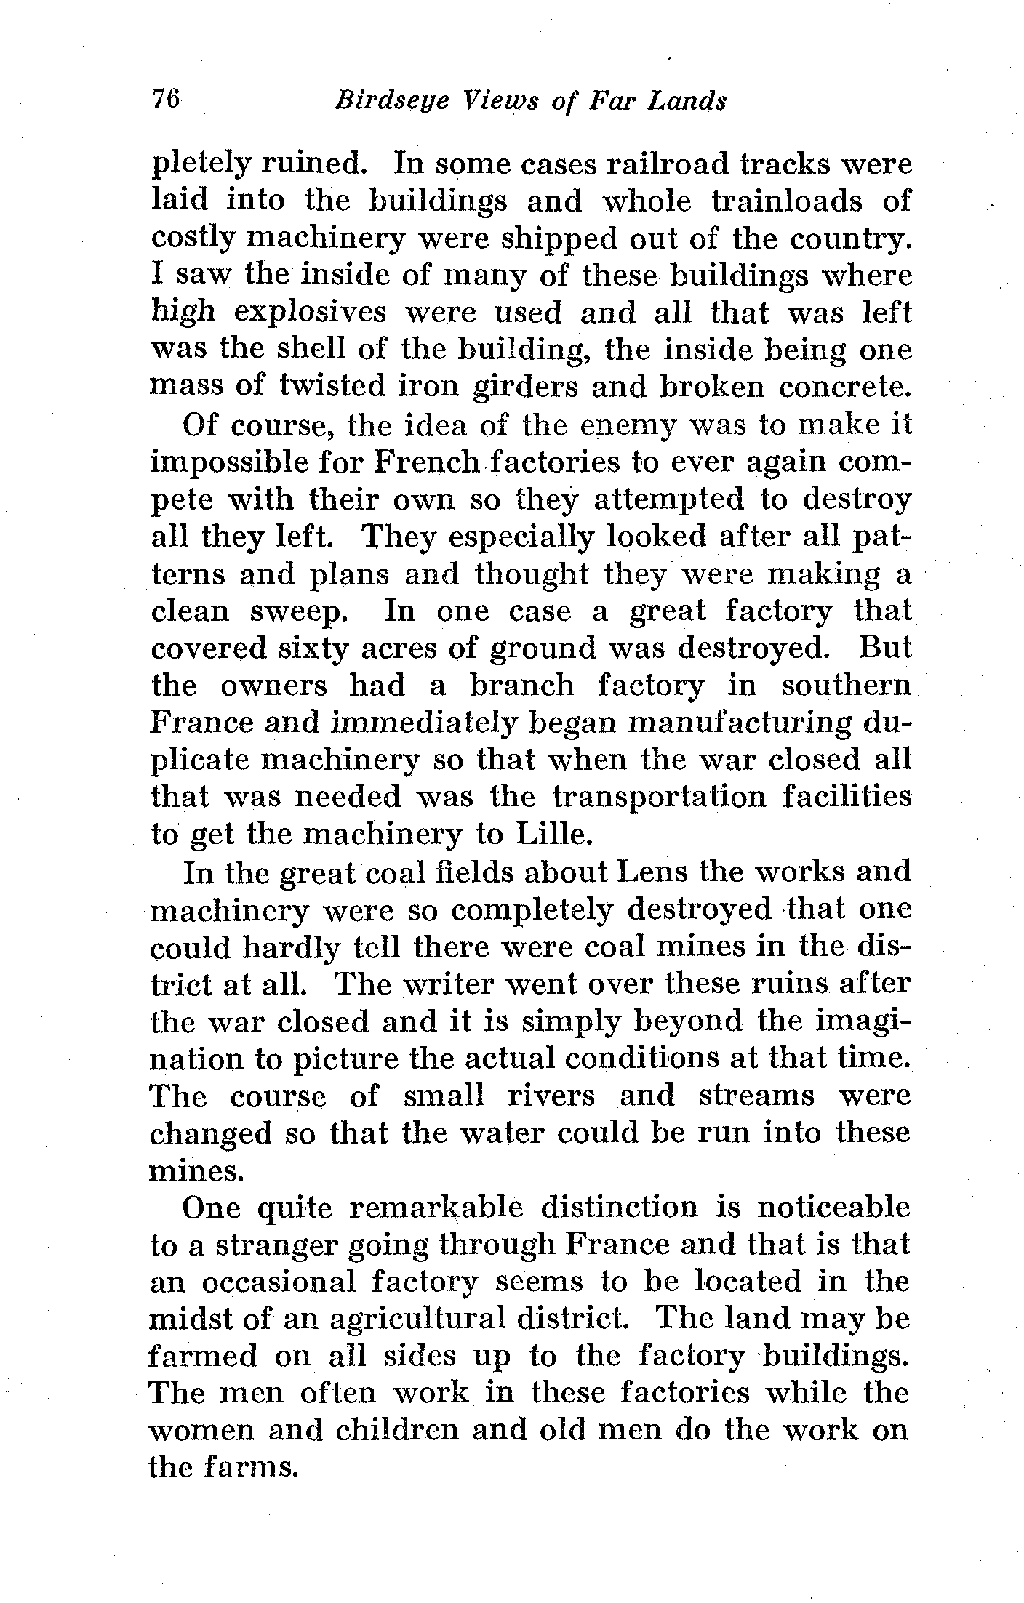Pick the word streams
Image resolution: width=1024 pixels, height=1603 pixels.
756,1096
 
